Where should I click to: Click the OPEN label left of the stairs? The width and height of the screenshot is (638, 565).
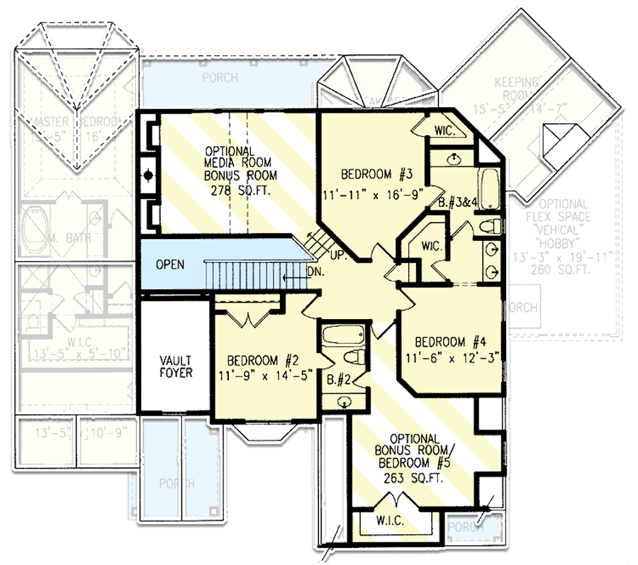(169, 264)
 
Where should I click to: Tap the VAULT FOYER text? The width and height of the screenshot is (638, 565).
(176, 366)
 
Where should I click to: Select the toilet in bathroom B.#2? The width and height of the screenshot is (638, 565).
(354, 357)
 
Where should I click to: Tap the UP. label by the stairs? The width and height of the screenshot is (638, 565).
(337, 252)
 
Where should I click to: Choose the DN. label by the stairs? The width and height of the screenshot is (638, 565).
(316, 270)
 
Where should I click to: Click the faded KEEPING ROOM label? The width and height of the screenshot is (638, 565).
(516, 89)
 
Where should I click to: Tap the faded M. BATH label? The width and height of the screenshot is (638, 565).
(69, 237)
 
